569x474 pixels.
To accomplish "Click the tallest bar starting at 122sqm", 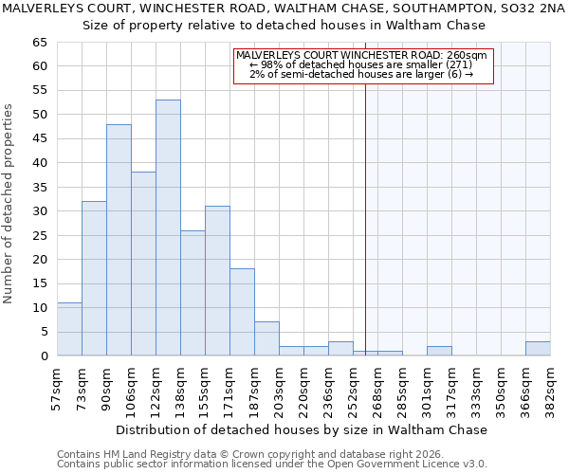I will click(x=168, y=228).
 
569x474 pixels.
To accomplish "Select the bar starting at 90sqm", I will click(x=119, y=240).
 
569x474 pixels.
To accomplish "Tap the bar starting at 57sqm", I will click(x=69, y=329).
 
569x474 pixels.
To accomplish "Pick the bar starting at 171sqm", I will click(x=242, y=312).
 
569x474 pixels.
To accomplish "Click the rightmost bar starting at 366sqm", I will click(x=538, y=349).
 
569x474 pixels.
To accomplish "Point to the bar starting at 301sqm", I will click(x=439, y=352).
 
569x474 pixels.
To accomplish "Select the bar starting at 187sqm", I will click(x=266, y=338).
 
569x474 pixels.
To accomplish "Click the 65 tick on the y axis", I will click(x=40, y=43).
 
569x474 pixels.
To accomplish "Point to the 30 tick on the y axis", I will click(x=40, y=211).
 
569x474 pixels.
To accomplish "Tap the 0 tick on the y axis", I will click(x=44, y=356).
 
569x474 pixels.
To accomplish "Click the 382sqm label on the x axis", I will click(x=550, y=386).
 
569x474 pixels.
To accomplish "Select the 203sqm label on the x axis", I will click(x=279, y=386).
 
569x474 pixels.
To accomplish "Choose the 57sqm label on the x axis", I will click(x=57, y=386).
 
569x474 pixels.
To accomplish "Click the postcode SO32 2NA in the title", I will click(x=533, y=9).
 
